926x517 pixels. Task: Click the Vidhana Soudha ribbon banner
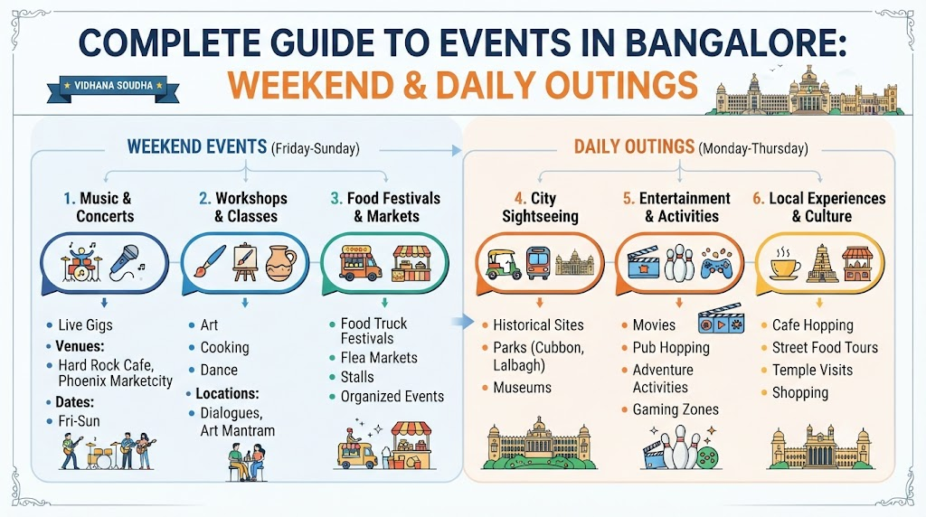pyautogui.click(x=113, y=87)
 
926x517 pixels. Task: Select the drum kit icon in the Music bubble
pyautogui.click(x=81, y=262)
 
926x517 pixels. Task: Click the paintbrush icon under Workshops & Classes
pyautogui.click(x=210, y=261)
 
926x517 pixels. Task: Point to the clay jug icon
pyautogui.click(x=280, y=263)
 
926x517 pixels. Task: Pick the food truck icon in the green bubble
pyautogui.click(x=360, y=263)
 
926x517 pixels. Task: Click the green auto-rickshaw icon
pyautogui.click(x=503, y=264)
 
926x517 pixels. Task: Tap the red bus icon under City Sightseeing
pyautogui.click(x=538, y=263)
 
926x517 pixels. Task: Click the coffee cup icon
pyautogui.click(x=785, y=264)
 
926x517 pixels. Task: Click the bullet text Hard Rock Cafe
pyautogui.click(x=106, y=365)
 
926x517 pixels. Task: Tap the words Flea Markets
pyautogui.click(x=379, y=358)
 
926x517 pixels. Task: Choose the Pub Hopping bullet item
pyautogui.click(x=671, y=348)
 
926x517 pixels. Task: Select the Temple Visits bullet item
pyautogui.click(x=812, y=370)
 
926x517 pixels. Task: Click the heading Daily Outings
pyautogui.click(x=634, y=146)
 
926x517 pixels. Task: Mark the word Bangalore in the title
pyautogui.click(x=734, y=43)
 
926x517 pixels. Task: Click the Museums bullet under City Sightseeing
pyautogui.click(x=522, y=388)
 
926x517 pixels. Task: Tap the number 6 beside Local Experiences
pyautogui.click(x=758, y=198)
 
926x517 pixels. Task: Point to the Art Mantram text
pyautogui.click(x=238, y=431)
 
